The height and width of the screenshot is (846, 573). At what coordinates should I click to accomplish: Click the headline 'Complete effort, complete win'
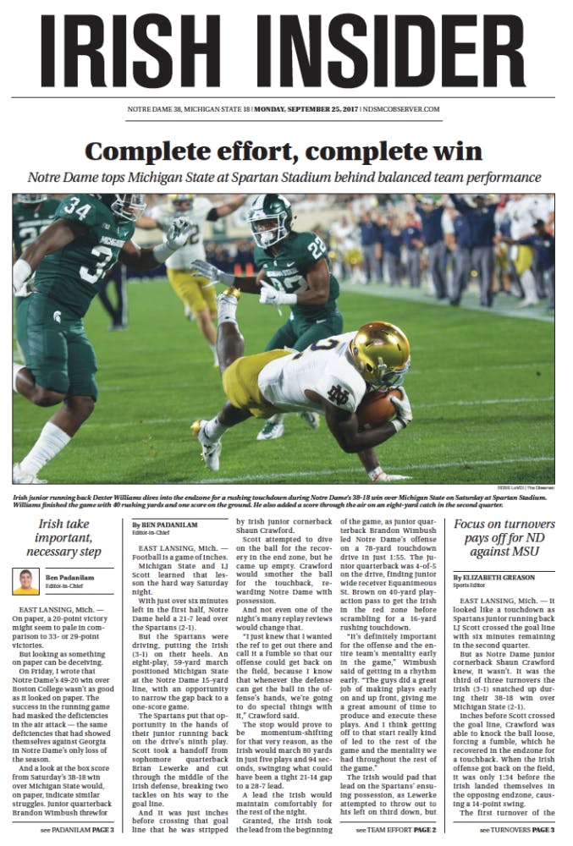pyautogui.click(x=284, y=151)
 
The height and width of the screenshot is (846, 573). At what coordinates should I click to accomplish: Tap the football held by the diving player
pyautogui.click(x=376, y=410)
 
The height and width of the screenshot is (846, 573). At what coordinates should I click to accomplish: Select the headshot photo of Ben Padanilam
pyautogui.click(x=26, y=581)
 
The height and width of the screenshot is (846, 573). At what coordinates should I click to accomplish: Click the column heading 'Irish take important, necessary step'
pyautogui.click(x=64, y=539)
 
